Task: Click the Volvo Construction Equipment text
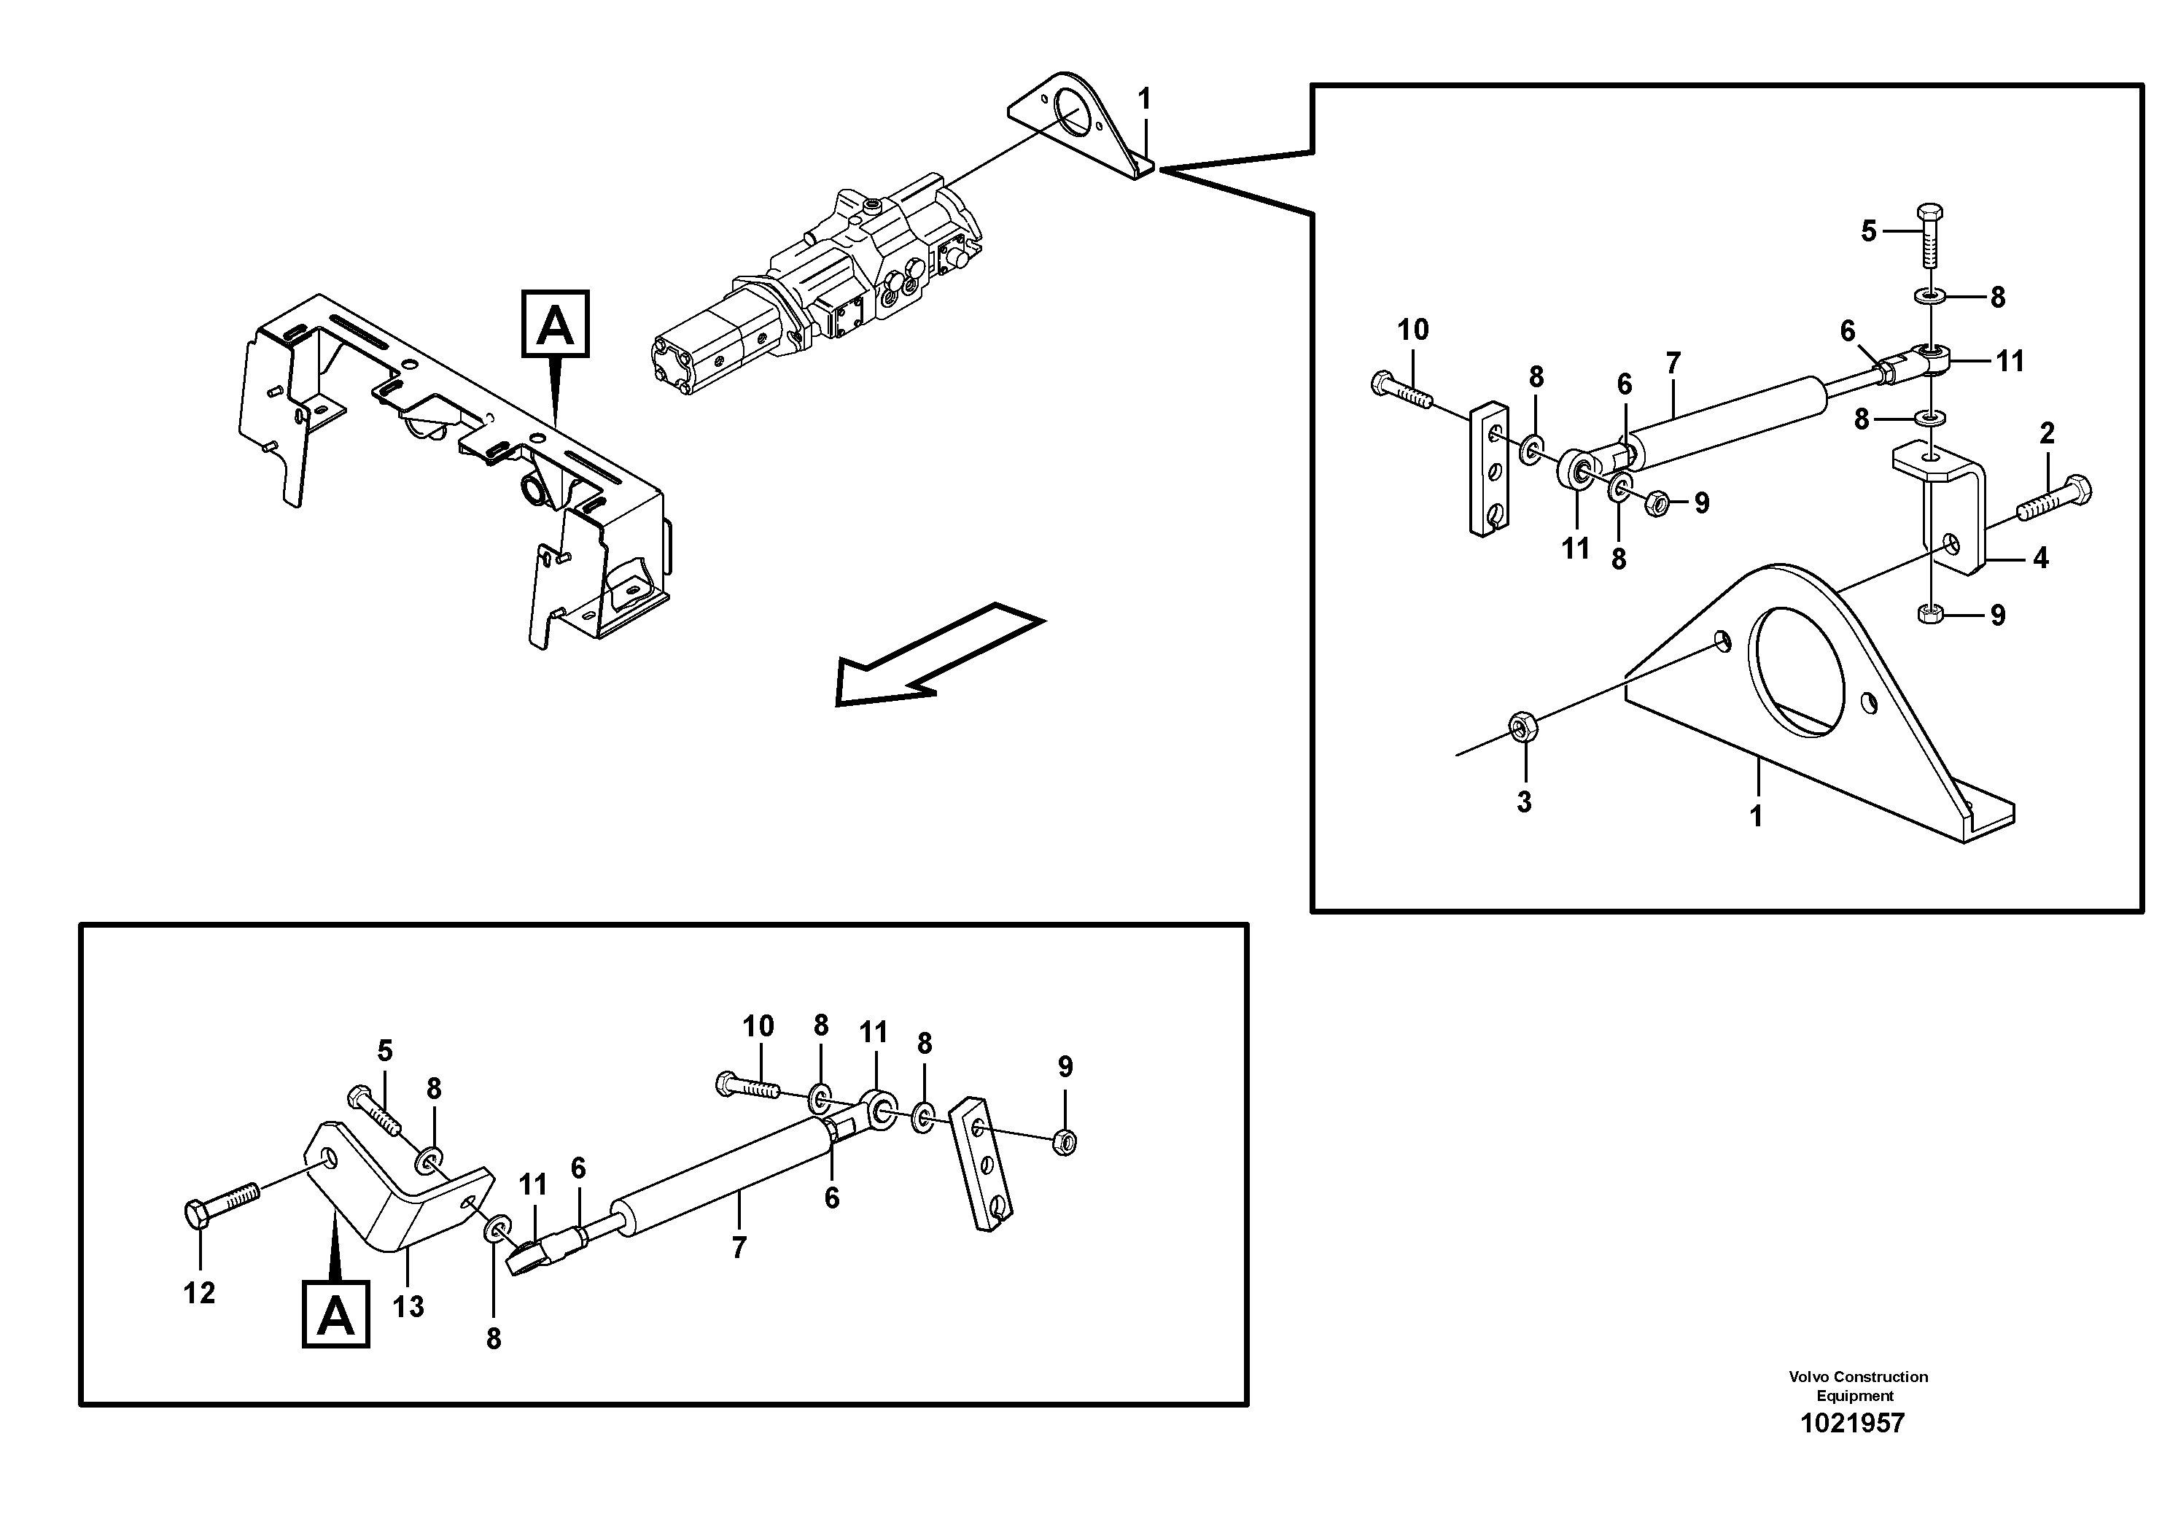click(1857, 1386)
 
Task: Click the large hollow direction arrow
click(935, 658)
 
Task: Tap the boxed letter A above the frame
click(556, 325)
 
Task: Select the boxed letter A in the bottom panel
click(335, 1313)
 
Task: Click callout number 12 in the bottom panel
click(199, 1293)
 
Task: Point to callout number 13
click(408, 1307)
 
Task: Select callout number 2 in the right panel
click(2046, 434)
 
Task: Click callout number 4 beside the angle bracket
click(2040, 559)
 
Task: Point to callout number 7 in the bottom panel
click(739, 1248)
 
